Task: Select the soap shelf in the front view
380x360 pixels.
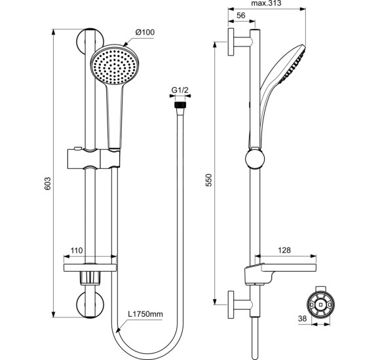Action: pos(90,267)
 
